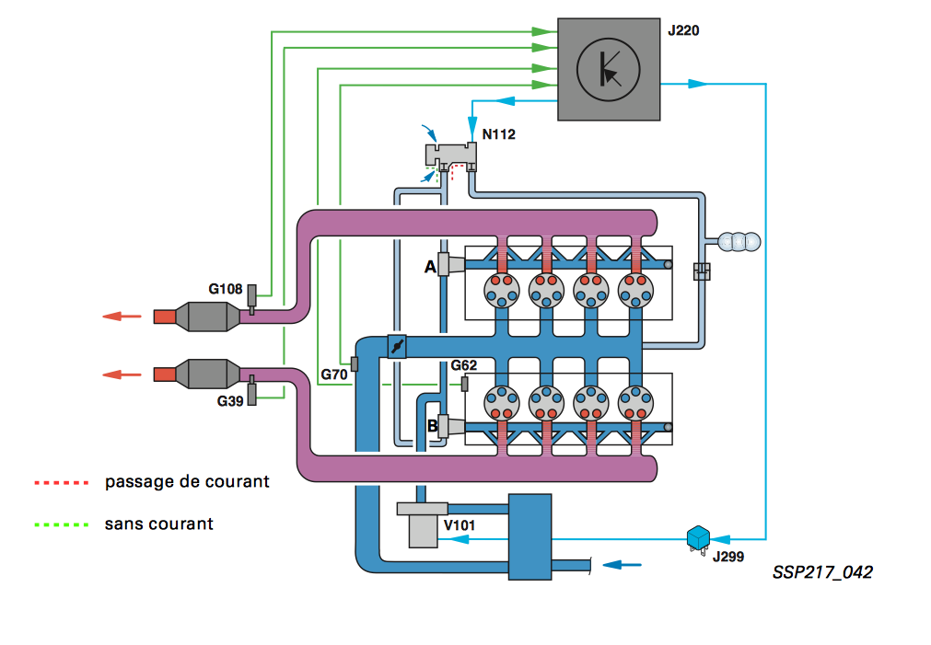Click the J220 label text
click(x=682, y=30)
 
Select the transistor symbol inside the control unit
click(x=609, y=69)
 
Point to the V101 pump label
click(x=460, y=526)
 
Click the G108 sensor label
click(x=225, y=289)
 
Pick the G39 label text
click(x=231, y=401)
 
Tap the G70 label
click(x=333, y=375)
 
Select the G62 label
click(x=465, y=365)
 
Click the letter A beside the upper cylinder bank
click(x=429, y=267)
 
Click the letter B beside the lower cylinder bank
click(x=432, y=426)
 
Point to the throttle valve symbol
click(x=395, y=346)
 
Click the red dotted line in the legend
click(x=61, y=481)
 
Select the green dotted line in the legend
click(x=61, y=524)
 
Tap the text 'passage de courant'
click(x=187, y=481)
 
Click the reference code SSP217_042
click(x=822, y=572)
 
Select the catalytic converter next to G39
click(x=205, y=374)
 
